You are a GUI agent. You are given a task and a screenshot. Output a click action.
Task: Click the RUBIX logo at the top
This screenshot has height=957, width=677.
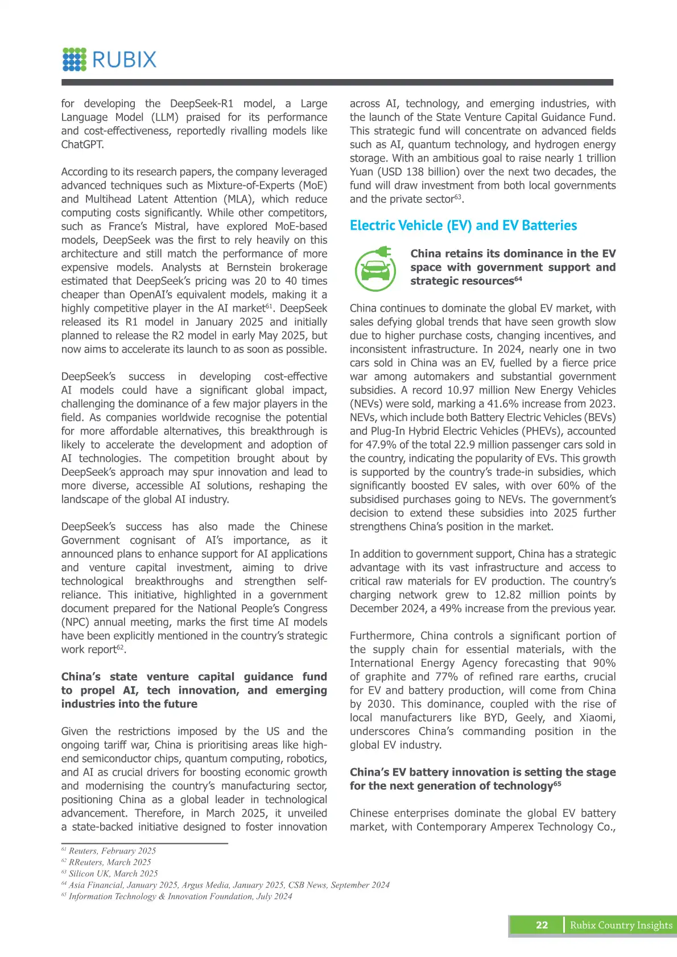[x=109, y=60]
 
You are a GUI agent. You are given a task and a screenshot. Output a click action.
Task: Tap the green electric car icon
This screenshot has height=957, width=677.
[x=375, y=268]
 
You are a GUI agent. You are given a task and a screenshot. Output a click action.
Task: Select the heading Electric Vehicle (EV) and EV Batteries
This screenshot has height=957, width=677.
[x=463, y=226]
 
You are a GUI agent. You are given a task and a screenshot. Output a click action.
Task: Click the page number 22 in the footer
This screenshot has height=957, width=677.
[x=542, y=925]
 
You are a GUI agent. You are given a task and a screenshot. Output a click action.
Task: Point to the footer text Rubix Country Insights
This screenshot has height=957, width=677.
[x=621, y=925]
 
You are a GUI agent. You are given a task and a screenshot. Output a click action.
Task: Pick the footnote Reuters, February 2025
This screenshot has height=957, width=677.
[x=112, y=851]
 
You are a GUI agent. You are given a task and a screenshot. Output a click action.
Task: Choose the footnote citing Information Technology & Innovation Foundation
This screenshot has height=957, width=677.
[x=180, y=896]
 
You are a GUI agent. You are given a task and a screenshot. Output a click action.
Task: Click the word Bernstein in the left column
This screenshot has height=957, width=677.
[x=249, y=267]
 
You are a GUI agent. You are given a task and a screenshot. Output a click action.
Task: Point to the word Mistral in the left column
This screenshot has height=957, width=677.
[x=171, y=226]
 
